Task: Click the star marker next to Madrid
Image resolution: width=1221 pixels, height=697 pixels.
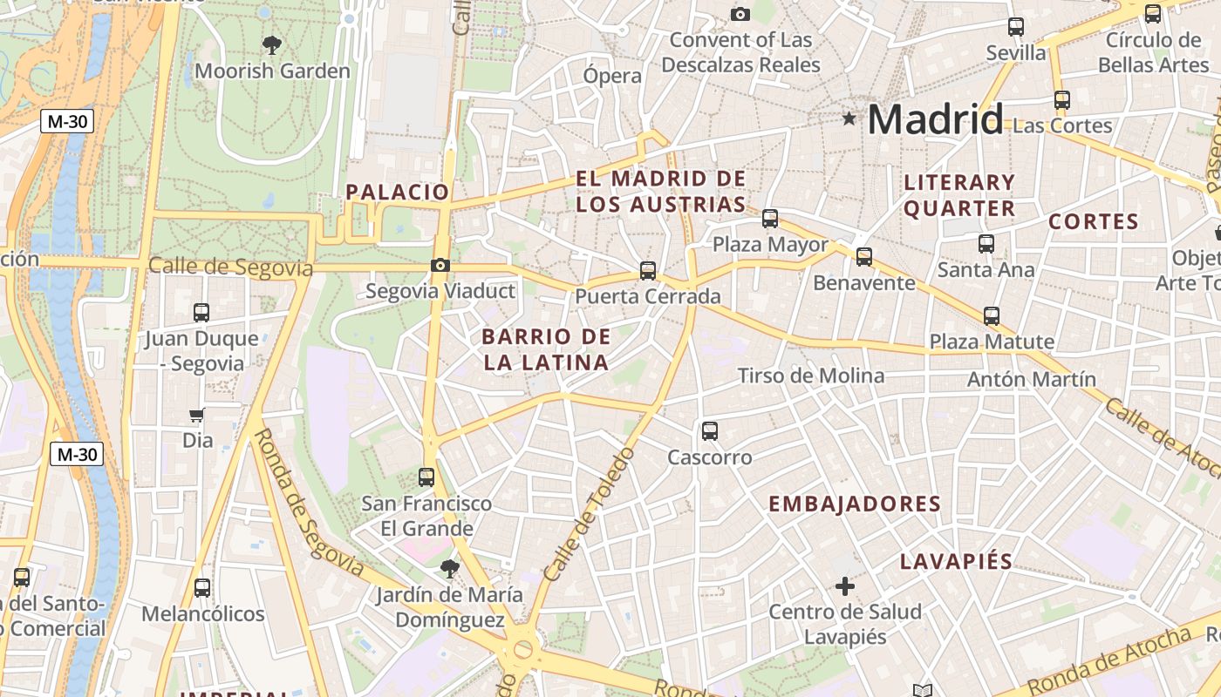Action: tap(849, 118)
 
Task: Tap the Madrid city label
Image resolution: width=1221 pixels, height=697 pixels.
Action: tap(935, 119)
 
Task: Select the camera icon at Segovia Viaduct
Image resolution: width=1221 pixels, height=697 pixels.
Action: tap(440, 266)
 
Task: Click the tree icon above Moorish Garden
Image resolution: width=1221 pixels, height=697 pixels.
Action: tap(272, 44)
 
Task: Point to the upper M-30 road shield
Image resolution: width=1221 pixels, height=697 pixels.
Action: tap(67, 122)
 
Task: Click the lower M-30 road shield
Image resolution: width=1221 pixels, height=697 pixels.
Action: tap(77, 454)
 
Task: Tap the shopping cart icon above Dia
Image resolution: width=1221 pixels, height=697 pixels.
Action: tap(197, 416)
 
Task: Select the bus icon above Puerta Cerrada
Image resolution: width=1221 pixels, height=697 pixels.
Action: tap(647, 271)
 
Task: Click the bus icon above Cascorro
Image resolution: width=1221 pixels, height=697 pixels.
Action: tap(710, 430)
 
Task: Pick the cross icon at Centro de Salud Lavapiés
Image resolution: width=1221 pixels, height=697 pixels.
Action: tap(844, 586)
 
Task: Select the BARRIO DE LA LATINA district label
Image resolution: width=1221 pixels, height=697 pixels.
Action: tap(547, 349)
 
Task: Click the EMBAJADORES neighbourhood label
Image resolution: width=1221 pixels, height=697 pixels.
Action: tap(855, 504)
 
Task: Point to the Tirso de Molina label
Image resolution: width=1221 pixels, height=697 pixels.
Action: tap(811, 376)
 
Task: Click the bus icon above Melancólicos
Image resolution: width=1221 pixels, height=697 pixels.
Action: tap(202, 588)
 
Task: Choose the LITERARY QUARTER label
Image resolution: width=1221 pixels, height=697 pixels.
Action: tap(959, 195)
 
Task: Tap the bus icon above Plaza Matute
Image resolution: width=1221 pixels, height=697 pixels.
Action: tap(992, 316)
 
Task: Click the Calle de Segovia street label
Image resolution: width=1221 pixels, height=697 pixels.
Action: tap(230, 267)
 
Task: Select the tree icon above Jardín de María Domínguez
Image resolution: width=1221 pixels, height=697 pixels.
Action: tap(450, 569)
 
